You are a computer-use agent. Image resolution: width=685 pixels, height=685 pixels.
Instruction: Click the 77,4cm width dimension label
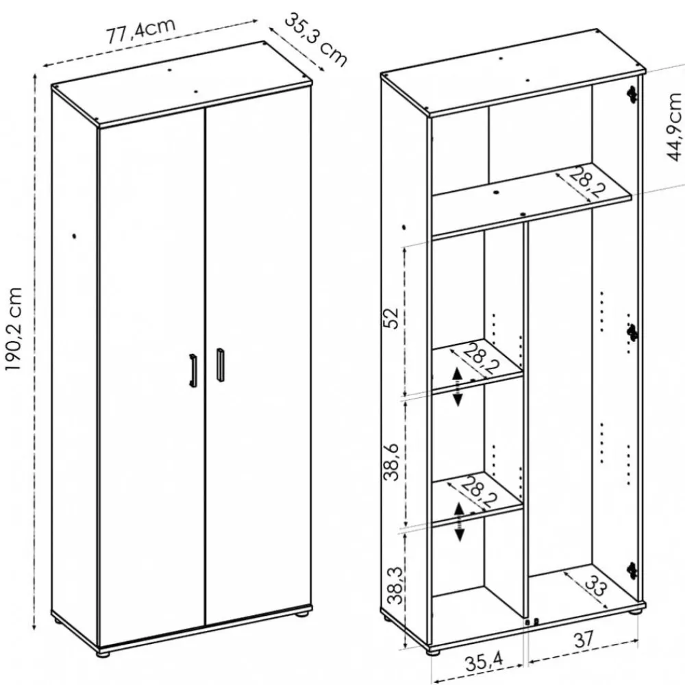[141, 31]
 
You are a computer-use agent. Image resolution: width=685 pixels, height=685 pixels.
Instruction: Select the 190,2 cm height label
[13, 329]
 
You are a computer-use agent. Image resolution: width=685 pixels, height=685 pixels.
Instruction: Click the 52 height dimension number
[391, 318]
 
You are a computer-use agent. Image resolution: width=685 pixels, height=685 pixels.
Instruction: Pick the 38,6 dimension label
[391, 462]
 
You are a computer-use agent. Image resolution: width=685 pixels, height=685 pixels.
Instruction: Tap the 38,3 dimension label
[396, 585]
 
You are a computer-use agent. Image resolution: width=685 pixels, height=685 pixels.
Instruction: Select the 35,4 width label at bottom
[484, 662]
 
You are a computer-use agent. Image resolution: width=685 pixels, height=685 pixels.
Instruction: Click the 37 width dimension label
[584, 640]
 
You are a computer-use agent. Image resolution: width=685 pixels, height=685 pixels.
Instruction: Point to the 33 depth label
[596, 586]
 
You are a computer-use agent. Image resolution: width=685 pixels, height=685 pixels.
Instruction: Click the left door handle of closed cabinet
[192, 370]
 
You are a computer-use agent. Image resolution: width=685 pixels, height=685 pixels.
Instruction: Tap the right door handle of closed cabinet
[221, 365]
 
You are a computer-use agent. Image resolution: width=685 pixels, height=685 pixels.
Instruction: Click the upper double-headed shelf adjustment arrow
[458, 387]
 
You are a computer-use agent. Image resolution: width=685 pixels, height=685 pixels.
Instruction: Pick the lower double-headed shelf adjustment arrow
[459, 522]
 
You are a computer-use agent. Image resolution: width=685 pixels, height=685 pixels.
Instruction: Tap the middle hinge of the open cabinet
[632, 334]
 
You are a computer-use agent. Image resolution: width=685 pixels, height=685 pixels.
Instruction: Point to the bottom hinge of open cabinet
[632, 569]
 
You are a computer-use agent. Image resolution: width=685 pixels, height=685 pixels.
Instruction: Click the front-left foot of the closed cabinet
[104, 654]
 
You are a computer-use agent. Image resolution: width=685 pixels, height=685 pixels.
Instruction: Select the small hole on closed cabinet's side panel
[74, 236]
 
